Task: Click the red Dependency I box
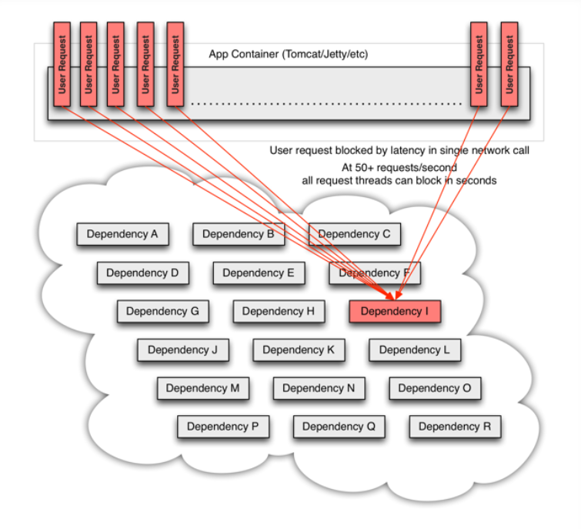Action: [x=395, y=311]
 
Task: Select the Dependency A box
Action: [x=122, y=234]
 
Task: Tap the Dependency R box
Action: [x=455, y=427]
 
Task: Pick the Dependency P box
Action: [x=223, y=427]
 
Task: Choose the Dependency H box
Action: [x=279, y=311]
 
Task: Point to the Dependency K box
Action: [x=299, y=350]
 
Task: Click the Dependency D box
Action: [x=142, y=273]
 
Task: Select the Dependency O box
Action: [x=435, y=388]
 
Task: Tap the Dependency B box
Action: [x=239, y=234]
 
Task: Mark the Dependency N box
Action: [x=319, y=388]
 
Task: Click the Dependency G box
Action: [x=162, y=311]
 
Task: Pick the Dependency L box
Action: [x=415, y=350]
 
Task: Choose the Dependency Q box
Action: [x=339, y=427]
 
